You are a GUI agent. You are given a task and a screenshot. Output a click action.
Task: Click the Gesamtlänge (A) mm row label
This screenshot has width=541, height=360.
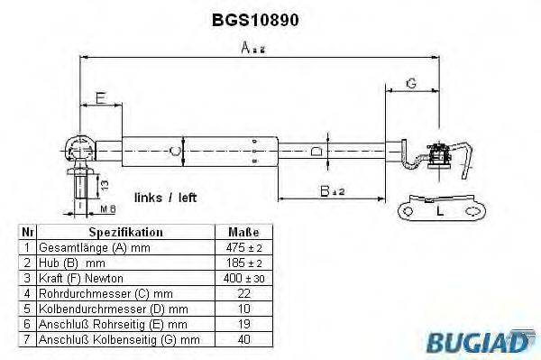[90, 246]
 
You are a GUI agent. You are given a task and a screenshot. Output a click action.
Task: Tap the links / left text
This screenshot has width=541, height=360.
[165, 197]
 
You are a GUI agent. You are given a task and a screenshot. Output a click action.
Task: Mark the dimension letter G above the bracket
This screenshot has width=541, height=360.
[410, 83]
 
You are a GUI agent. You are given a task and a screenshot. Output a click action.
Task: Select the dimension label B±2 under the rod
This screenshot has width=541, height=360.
[333, 191]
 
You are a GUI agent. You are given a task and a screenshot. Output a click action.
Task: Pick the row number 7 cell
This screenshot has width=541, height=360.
[27, 338]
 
